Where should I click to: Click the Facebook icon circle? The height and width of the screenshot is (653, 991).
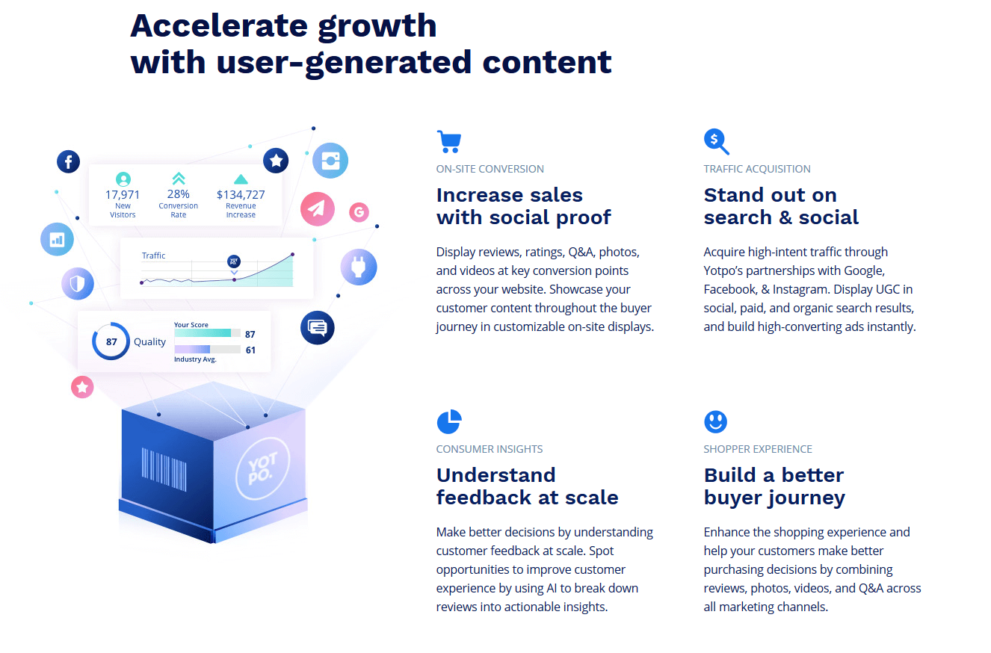pyautogui.click(x=68, y=161)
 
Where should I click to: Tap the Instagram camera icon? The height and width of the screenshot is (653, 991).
pyautogui.click(x=330, y=161)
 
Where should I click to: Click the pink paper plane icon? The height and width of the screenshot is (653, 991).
pyautogui.click(x=317, y=208)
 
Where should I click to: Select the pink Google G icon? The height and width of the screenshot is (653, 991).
pyautogui.click(x=359, y=212)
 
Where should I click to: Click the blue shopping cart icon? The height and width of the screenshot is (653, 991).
pyautogui.click(x=449, y=141)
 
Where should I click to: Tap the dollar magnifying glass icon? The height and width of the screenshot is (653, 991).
pyautogui.click(x=716, y=141)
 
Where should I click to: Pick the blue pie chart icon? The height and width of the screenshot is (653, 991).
pyautogui.click(x=449, y=421)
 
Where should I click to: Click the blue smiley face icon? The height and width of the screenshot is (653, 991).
pyautogui.click(x=715, y=421)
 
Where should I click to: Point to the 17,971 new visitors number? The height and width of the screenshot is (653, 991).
pyautogui.click(x=122, y=195)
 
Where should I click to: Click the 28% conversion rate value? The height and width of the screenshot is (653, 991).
pyautogui.click(x=179, y=194)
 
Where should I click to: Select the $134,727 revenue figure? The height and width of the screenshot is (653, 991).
pyautogui.click(x=241, y=195)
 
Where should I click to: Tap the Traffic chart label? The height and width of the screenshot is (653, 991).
pyautogui.click(x=153, y=256)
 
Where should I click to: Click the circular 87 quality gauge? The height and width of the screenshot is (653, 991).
pyautogui.click(x=111, y=341)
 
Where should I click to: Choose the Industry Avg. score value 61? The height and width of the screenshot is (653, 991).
pyautogui.click(x=250, y=350)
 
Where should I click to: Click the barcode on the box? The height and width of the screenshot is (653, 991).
pyautogui.click(x=164, y=469)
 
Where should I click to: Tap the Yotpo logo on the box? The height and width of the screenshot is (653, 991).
pyautogui.click(x=263, y=468)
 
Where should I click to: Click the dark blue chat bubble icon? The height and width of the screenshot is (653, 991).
pyautogui.click(x=317, y=327)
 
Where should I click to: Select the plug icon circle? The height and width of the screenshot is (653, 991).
pyautogui.click(x=358, y=267)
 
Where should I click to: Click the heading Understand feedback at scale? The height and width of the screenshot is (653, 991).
pyautogui.click(x=527, y=486)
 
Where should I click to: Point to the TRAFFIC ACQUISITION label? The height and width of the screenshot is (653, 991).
pyautogui.click(x=757, y=169)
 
